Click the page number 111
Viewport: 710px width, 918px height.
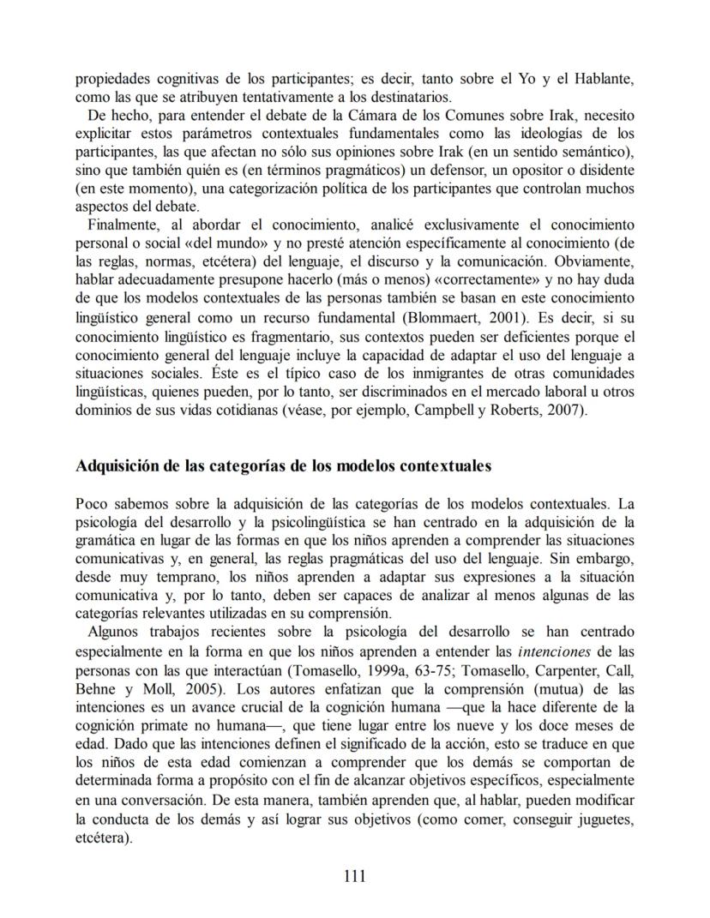coord(354,876)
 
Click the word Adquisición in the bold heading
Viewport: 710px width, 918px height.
coord(116,466)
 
